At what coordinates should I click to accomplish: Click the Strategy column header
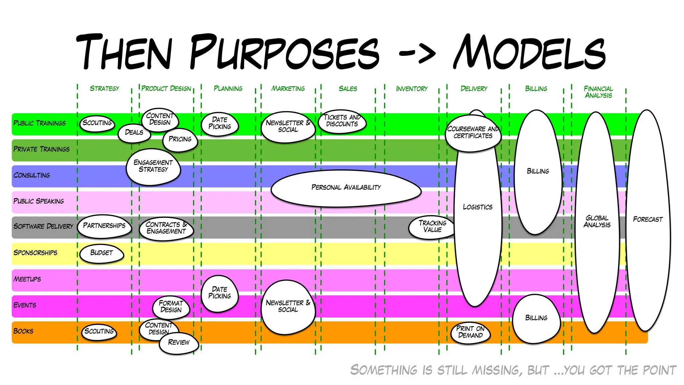(104, 89)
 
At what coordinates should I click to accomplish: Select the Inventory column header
(411, 89)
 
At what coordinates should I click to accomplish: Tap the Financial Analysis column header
(598, 92)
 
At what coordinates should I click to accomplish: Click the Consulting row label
(32, 175)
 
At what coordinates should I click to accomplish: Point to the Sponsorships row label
(35, 253)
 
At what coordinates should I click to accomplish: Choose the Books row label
(23, 331)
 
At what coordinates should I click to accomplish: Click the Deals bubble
(134, 133)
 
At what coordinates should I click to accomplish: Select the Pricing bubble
(180, 139)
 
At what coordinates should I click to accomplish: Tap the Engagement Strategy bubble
(153, 166)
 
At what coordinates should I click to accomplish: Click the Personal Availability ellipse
(346, 187)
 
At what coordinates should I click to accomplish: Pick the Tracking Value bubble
(432, 227)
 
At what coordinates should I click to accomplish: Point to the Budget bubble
(102, 253)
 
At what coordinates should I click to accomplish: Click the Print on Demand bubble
(470, 332)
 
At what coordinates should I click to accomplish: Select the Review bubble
(179, 343)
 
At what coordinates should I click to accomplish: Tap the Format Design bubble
(171, 306)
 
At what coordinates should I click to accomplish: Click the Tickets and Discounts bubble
(342, 121)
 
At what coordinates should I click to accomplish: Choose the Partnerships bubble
(104, 226)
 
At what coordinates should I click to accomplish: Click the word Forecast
(648, 220)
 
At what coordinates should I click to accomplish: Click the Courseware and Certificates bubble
(473, 133)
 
